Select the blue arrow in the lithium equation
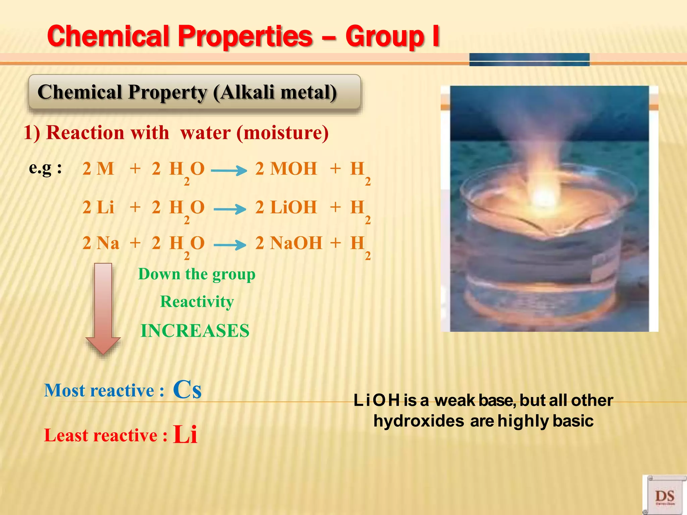(230, 210)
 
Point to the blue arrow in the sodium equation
(230, 245)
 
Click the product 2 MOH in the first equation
(286, 169)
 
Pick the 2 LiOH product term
(286, 208)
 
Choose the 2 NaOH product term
(288, 243)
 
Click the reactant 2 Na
(101, 243)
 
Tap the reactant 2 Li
(98, 208)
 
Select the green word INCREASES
(195, 331)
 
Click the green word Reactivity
(197, 301)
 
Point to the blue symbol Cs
(187, 390)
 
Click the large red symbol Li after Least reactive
(185, 434)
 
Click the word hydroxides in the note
(419, 421)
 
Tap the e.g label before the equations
(45, 168)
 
